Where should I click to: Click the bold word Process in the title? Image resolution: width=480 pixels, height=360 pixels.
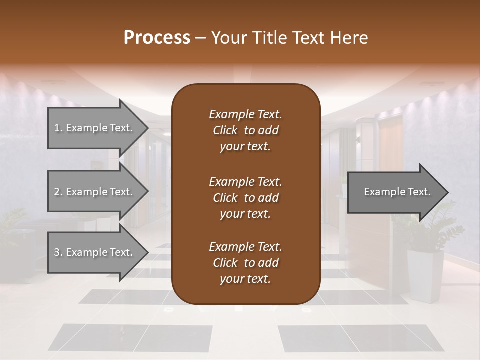pos(157,38)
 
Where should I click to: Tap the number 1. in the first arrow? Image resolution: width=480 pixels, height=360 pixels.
pos(58,128)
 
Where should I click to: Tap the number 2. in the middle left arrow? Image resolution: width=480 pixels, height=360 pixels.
pos(58,192)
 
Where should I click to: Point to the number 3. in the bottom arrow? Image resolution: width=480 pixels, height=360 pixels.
pos(58,252)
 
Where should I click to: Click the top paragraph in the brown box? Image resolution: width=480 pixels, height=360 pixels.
pos(245,130)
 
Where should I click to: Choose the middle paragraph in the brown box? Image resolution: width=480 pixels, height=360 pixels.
pos(245,198)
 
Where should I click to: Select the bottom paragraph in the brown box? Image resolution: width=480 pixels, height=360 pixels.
pos(245,263)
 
